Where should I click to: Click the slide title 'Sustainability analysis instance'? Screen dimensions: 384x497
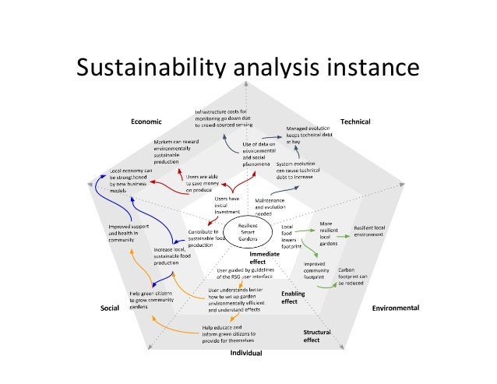click(248, 68)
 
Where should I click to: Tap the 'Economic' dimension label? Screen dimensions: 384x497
click(146, 122)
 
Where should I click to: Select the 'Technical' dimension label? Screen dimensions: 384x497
click(355, 122)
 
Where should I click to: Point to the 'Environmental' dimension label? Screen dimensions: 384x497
click(395, 308)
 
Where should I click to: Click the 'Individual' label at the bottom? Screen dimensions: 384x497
click(245, 353)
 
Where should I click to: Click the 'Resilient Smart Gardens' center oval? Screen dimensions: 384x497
click(250, 231)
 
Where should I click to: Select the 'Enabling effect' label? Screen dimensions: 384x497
click(290, 297)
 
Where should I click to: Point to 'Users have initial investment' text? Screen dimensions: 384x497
click(227, 205)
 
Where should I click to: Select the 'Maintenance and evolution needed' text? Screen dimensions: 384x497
click(273, 206)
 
